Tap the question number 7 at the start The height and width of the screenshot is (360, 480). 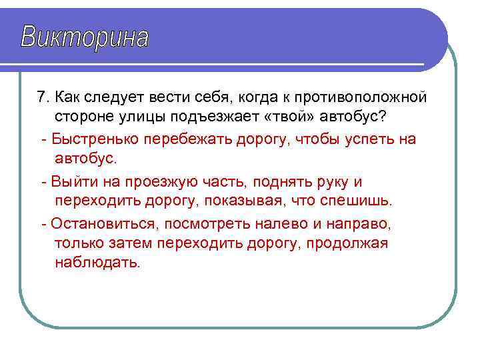(x=43, y=97)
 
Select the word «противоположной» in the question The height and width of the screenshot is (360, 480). (x=362, y=97)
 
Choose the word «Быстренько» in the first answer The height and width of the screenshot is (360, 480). (x=89, y=139)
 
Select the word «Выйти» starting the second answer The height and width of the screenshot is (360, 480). (x=69, y=181)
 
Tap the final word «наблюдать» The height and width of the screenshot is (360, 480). (x=97, y=263)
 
